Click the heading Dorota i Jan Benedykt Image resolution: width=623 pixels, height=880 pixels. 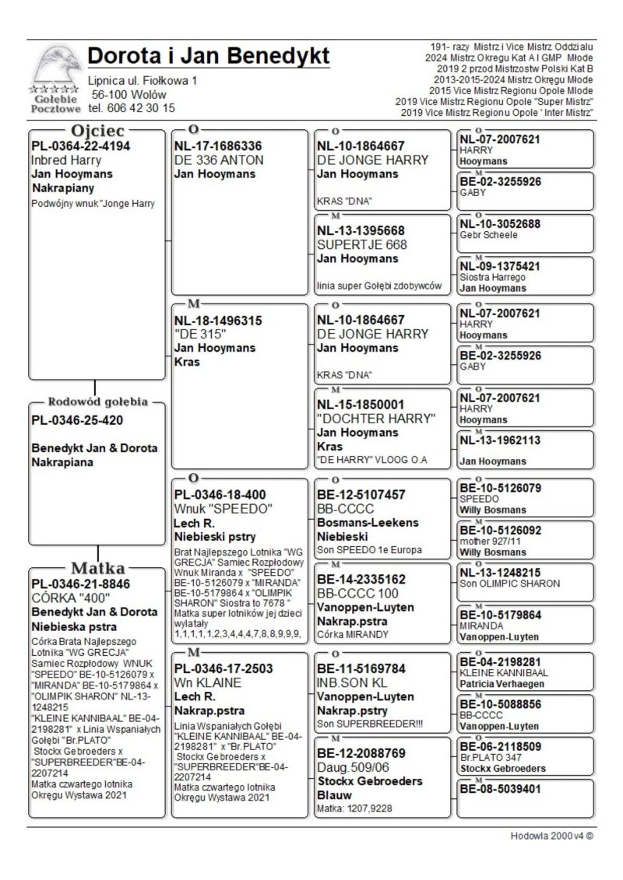(x=209, y=57)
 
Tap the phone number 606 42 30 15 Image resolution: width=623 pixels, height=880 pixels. (x=132, y=108)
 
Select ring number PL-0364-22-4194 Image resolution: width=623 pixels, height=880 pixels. (x=81, y=145)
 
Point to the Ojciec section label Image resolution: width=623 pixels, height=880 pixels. (x=97, y=130)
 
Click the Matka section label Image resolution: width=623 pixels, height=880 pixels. (x=99, y=567)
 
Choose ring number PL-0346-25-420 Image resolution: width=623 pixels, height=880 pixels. (x=78, y=420)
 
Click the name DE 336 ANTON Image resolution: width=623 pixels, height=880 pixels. (x=219, y=160)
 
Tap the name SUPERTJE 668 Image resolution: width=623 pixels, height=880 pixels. (x=363, y=244)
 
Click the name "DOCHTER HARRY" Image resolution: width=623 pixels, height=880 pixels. (x=376, y=419)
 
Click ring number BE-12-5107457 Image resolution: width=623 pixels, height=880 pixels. (x=361, y=495)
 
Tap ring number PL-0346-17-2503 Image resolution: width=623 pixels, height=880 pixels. (x=224, y=668)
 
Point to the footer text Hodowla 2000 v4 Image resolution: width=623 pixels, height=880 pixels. (x=552, y=836)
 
